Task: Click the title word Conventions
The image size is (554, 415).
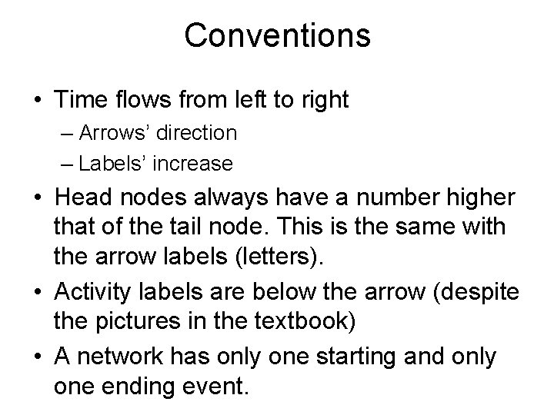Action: pos(277,35)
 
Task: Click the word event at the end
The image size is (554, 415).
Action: pos(222,386)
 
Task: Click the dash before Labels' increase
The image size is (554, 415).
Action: pos(65,164)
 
